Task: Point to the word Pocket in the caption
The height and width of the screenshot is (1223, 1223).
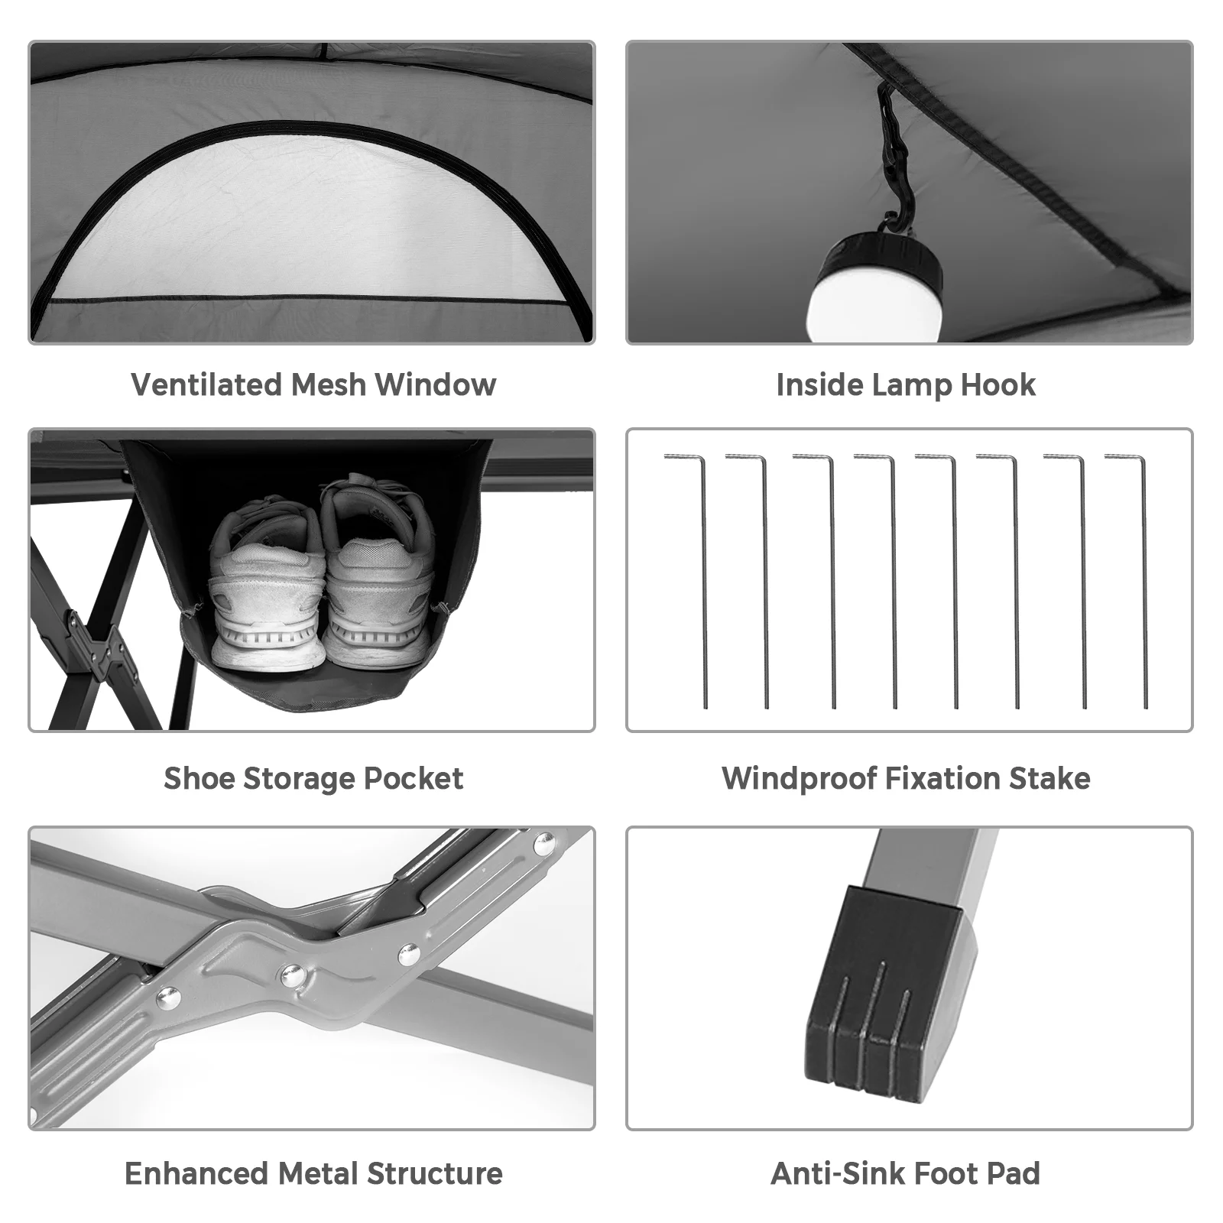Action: tap(413, 778)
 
